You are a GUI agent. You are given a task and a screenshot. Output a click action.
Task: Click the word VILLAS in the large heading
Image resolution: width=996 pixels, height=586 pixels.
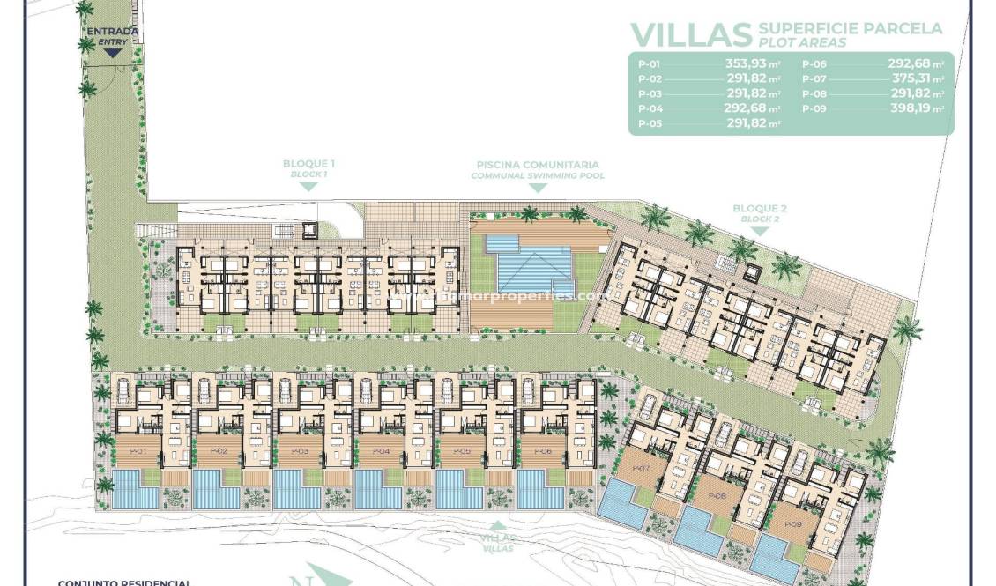tap(691, 33)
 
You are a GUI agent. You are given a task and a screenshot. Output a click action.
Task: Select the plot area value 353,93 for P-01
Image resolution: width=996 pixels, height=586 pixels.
tap(747, 63)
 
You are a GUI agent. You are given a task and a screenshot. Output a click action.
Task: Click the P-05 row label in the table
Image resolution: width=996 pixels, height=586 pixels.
tap(650, 123)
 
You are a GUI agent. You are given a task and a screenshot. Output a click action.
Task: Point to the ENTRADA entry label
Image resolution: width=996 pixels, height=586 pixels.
tap(112, 33)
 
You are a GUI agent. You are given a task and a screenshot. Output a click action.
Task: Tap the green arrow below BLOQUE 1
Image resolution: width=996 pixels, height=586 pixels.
tap(308, 187)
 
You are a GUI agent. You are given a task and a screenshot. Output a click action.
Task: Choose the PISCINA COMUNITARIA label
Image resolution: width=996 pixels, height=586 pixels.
tap(538, 165)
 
